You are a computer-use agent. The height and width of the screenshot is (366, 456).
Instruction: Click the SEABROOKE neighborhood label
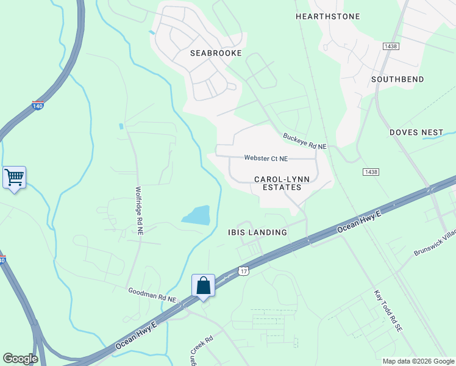[216, 53]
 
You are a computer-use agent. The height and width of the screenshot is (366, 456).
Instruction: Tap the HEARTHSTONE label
[327, 16]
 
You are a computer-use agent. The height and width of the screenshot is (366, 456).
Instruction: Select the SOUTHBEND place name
[397, 79]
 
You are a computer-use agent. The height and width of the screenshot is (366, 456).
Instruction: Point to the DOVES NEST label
[416, 132]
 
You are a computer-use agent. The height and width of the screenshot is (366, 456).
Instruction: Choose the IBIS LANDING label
[257, 232]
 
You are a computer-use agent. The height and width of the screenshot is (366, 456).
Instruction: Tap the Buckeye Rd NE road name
[305, 142]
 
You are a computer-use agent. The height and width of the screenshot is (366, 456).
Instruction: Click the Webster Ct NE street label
[266, 158]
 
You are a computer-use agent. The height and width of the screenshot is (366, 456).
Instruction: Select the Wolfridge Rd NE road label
[139, 211]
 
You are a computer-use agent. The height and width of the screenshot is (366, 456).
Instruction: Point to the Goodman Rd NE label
[152, 296]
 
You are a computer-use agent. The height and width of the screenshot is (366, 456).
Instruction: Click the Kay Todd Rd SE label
[388, 311]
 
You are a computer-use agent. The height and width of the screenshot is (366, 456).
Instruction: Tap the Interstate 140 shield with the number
[38, 106]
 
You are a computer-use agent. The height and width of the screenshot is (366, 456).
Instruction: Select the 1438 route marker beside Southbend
[391, 46]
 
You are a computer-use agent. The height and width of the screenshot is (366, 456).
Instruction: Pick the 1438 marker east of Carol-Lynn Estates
[369, 173]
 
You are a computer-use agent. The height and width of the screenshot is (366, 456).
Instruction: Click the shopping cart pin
[14, 178]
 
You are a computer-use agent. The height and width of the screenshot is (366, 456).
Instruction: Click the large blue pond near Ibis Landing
[196, 215]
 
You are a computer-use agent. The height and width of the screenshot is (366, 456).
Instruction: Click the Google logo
[20, 359]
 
